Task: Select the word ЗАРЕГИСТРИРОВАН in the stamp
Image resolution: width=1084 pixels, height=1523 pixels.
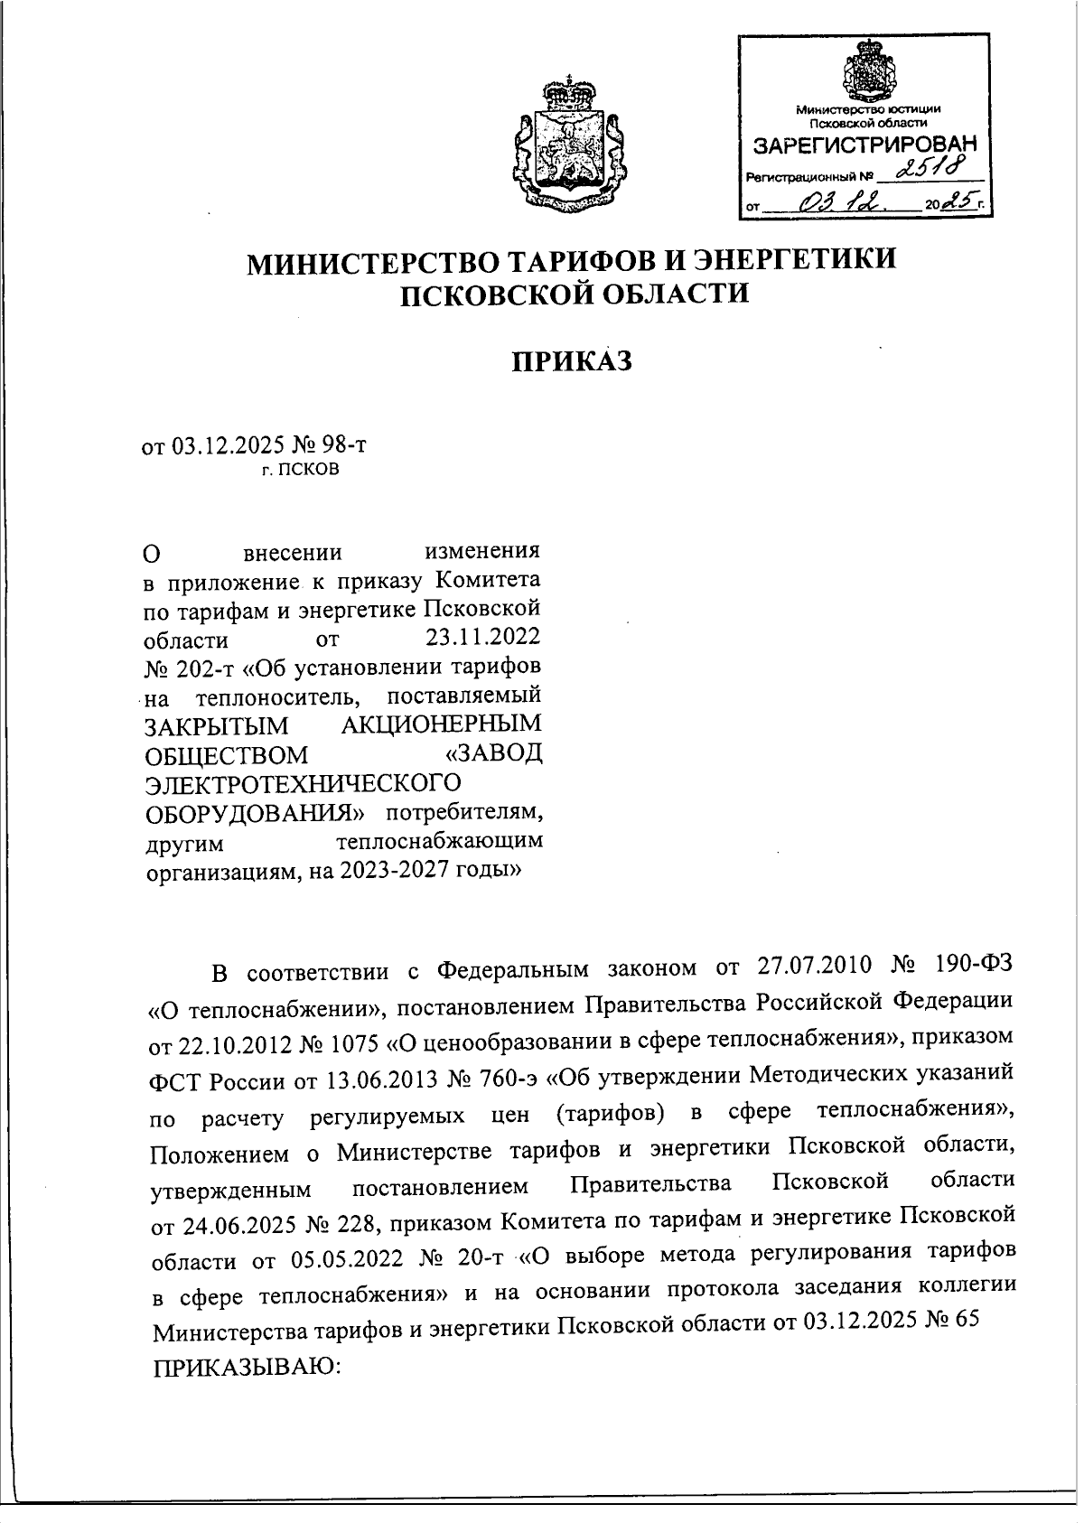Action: pyautogui.click(x=864, y=145)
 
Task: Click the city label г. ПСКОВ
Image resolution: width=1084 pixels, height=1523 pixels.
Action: pyautogui.click(x=301, y=470)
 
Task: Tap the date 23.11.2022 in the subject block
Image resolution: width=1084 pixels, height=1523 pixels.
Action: pyautogui.click(x=482, y=638)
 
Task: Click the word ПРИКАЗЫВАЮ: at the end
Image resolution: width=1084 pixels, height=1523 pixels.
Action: pyautogui.click(x=244, y=1364)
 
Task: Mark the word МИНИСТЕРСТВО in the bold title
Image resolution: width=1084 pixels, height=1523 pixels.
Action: pyautogui.click(x=370, y=261)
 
